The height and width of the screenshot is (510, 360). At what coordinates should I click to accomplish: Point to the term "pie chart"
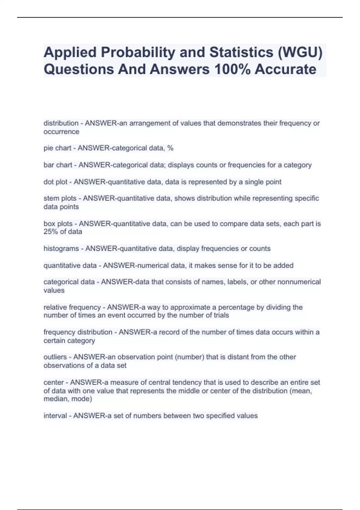57,148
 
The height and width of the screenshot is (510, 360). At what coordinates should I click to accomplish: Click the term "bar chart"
58,165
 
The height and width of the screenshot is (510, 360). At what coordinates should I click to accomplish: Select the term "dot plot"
55,182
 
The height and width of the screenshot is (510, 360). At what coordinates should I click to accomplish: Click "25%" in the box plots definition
50,232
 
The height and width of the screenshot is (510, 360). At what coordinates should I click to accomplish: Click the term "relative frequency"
72,307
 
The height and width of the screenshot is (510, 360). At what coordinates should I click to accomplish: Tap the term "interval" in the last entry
55,416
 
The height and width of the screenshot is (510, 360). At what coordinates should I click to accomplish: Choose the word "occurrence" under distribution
61,132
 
